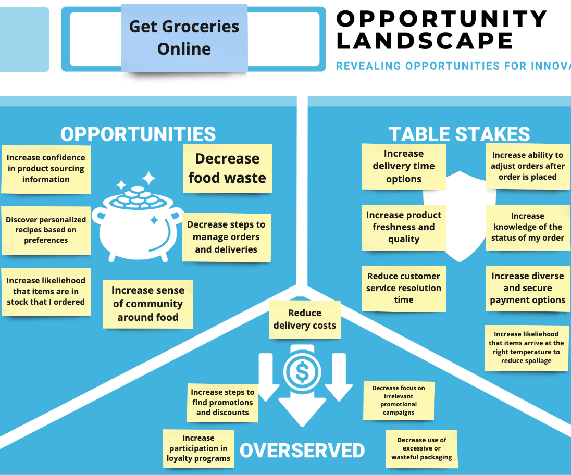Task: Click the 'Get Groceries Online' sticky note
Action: (184, 37)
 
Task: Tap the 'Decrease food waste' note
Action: (227, 168)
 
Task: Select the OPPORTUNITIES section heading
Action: (138, 134)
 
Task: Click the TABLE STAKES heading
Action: (459, 134)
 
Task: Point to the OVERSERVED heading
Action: (302, 451)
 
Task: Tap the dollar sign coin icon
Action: (302, 370)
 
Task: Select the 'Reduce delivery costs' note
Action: (305, 319)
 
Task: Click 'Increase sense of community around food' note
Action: (148, 304)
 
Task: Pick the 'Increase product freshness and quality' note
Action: (404, 227)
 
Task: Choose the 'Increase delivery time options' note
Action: (404, 166)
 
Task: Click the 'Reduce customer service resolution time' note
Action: (404, 288)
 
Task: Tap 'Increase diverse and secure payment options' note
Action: (527, 288)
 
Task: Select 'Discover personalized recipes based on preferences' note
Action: (46, 230)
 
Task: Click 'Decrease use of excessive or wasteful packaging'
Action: (421, 448)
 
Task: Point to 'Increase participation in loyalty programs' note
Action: (198, 448)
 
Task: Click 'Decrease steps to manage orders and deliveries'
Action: (226, 237)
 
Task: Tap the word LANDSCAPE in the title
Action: (425, 41)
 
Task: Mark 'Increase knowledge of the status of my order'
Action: (527, 227)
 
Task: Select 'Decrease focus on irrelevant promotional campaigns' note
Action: (399, 400)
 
